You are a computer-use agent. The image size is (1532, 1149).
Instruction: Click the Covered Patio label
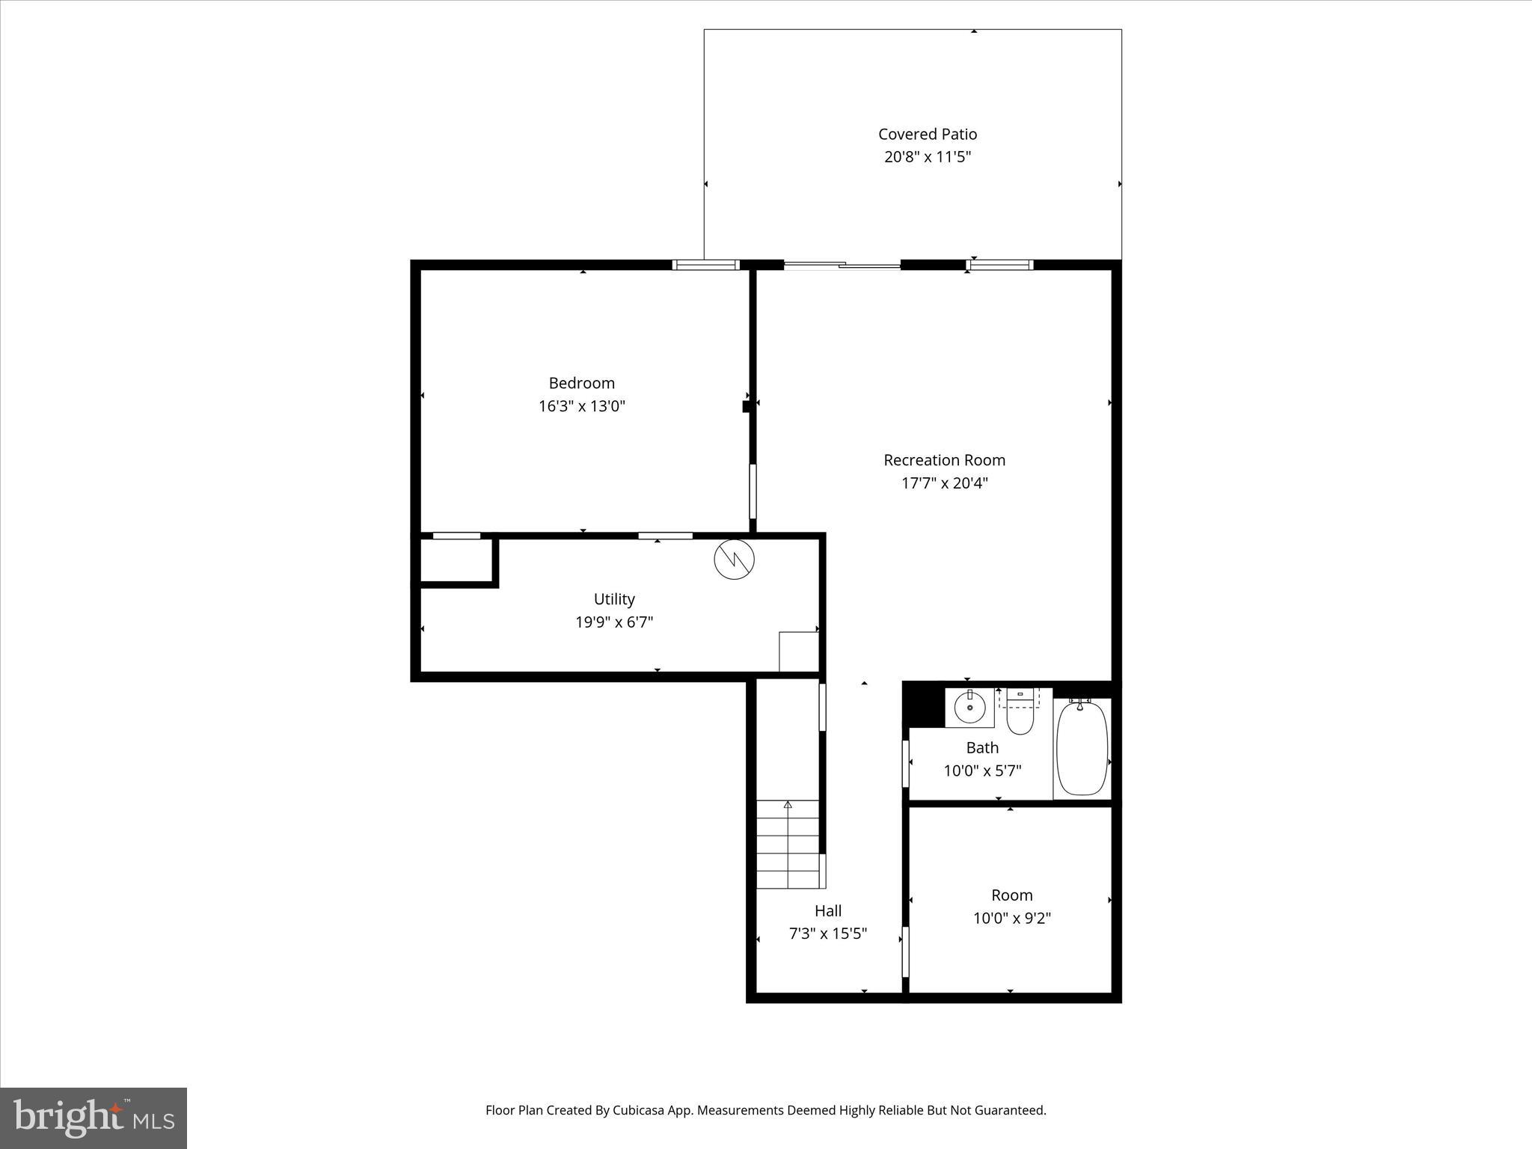point(927,134)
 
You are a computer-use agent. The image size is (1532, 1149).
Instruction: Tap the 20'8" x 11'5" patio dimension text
point(927,157)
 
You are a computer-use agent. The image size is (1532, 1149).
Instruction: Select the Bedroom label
point(581,383)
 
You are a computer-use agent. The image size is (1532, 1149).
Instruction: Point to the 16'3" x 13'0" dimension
point(581,406)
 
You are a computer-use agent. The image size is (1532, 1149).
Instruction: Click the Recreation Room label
point(944,460)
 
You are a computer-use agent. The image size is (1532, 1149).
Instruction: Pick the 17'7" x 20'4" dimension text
point(944,483)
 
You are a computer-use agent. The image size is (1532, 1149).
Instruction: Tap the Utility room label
point(613,599)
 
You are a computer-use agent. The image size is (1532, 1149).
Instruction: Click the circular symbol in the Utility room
point(734,559)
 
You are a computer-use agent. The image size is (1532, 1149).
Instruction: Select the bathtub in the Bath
point(1082,747)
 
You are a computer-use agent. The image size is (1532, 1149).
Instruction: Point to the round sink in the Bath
point(969,707)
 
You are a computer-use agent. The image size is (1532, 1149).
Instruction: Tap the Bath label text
point(981,747)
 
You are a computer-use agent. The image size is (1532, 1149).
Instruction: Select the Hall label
point(827,910)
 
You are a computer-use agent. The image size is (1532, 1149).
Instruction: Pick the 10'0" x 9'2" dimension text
point(1011,918)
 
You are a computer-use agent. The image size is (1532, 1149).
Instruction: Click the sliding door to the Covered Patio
point(842,265)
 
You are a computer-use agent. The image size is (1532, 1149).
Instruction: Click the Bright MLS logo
point(94,1118)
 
